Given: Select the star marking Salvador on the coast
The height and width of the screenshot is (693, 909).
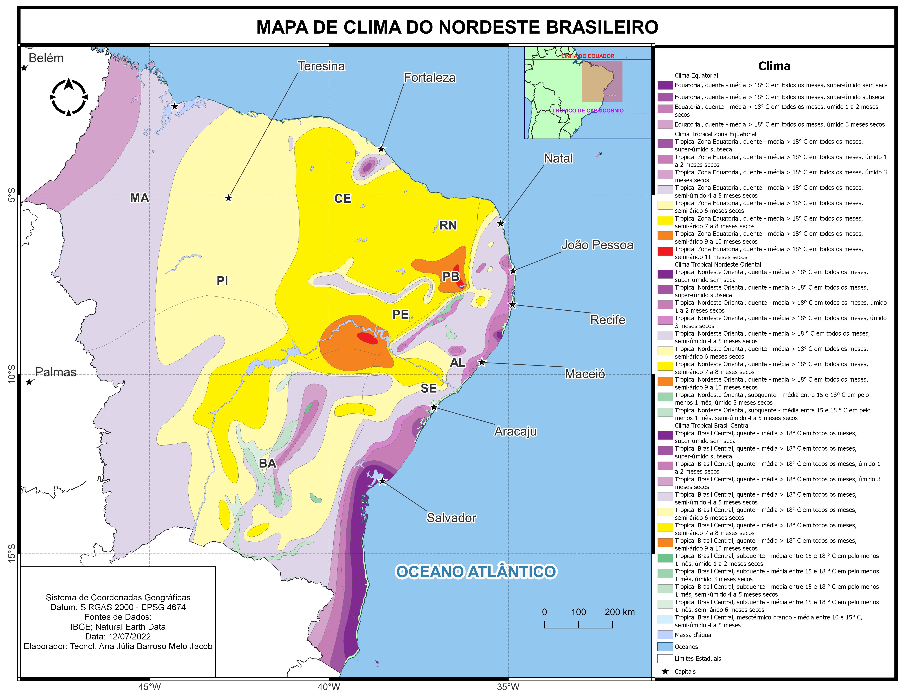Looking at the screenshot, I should (382, 481).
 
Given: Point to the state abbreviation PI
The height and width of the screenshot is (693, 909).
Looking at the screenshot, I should (222, 281).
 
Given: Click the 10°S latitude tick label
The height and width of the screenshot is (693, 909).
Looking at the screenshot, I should (12, 374).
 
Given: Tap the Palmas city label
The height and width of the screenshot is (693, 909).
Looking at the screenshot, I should (56, 372).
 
